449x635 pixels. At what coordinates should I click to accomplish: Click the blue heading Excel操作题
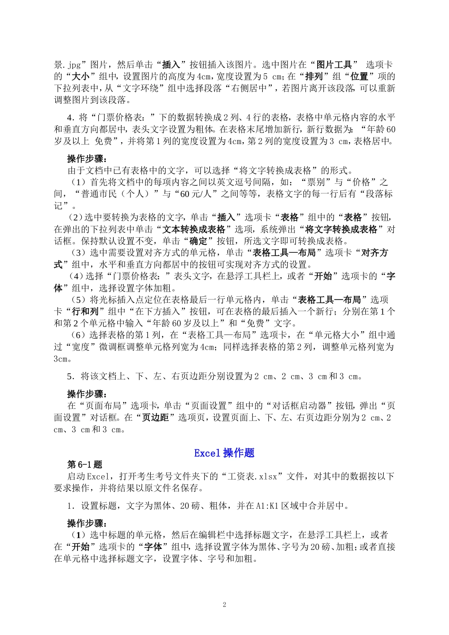[224, 453]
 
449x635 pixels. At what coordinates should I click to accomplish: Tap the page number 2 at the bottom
[224, 605]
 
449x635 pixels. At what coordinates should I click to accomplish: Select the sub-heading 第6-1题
[85, 464]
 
